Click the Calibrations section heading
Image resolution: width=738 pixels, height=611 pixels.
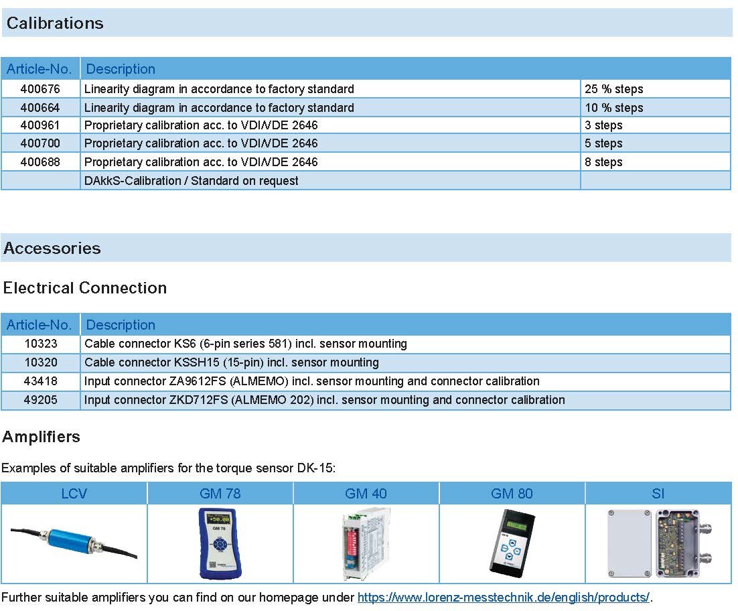(55, 23)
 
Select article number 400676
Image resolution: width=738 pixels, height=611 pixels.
(40, 89)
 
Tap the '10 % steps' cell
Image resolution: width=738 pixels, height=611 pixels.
(613, 108)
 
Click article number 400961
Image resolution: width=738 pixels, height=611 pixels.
(40, 125)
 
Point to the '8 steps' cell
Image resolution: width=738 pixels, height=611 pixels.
(603, 162)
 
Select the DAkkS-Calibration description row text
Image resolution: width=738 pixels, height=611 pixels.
(191, 181)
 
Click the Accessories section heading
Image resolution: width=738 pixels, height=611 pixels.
(52, 249)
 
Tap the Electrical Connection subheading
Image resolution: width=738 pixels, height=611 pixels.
(85, 288)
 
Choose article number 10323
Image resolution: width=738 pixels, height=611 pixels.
(40, 344)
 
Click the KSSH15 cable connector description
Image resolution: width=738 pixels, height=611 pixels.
(231, 362)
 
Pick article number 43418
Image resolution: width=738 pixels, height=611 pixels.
(40, 381)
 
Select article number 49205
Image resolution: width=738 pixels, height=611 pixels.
(40, 400)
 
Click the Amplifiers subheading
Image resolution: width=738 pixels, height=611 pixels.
(42, 437)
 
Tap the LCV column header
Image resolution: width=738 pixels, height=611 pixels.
(74, 494)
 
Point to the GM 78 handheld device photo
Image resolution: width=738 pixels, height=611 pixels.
(220, 543)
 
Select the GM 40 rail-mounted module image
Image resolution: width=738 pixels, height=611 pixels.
(366, 543)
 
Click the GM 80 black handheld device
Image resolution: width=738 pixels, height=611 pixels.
(512, 543)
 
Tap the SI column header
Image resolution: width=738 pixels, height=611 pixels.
(658, 494)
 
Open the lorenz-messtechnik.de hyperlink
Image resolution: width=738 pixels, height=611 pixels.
(503, 598)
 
